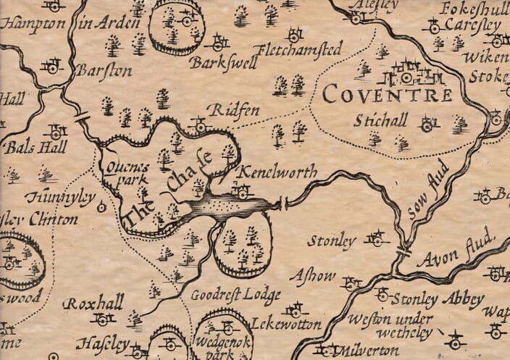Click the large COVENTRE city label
tap(387, 94)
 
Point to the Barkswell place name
tap(216, 63)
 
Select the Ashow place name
tap(312, 276)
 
